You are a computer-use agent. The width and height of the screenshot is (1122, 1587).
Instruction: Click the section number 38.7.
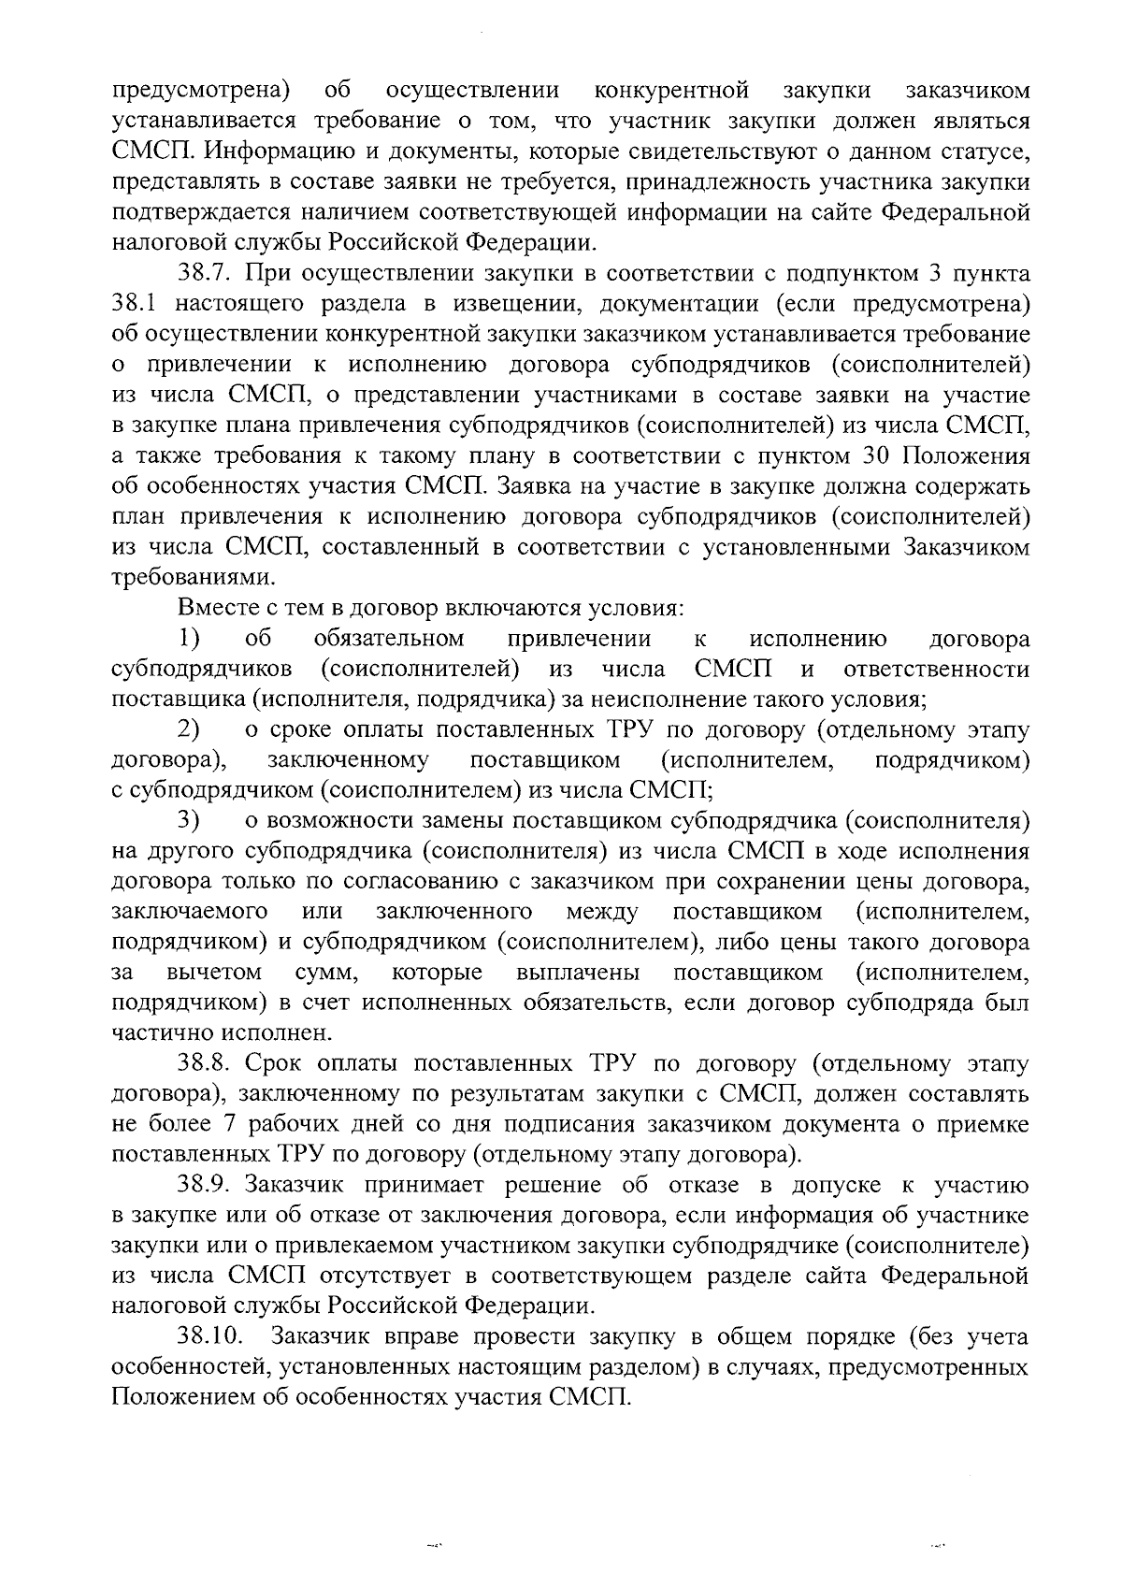(x=211, y=275)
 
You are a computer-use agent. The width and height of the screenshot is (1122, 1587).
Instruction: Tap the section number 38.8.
(x=211, y=1064)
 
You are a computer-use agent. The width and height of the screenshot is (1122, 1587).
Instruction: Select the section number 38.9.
(x=211, y=1186)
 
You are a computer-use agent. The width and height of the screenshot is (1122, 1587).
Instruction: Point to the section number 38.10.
(x=218, y=1337)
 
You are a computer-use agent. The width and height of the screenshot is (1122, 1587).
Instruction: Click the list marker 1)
(x=191, y=640)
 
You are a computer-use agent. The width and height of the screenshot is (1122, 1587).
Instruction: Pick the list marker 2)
(x=191, y=730)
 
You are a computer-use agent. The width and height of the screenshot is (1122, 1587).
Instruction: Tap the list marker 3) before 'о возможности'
(x=191, y=821)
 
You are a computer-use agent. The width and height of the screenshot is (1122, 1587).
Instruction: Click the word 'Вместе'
(x=219, y=609)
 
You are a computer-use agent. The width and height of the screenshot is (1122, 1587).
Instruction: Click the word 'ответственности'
(x=935, y=671)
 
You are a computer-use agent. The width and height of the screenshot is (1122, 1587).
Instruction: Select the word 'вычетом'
(x=214, y=974)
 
